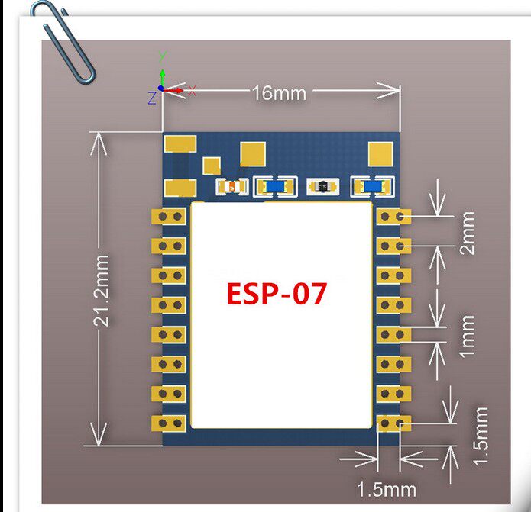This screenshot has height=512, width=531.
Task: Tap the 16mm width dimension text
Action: click(x=279, y=93)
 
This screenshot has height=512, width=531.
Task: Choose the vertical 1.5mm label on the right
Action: click(x=481, y=436)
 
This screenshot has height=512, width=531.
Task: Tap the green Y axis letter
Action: click(x=162, y=56)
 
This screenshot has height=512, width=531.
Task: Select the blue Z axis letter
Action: click(x=152, y=98)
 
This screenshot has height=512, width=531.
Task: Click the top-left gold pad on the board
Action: click(x=181, y=144)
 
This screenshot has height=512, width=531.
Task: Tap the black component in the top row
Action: click(x=321, y=186)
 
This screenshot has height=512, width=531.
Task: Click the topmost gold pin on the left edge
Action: click(x=170, y=217)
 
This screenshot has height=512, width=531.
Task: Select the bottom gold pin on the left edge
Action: click(x=170, y=422)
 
